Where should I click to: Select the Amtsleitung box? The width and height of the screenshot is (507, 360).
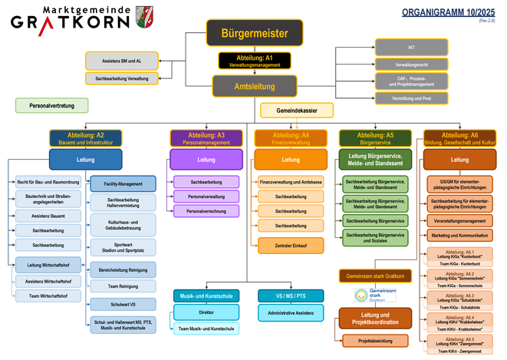click(x=254, y=85)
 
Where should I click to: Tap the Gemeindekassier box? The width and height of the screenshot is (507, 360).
click(x=295, y=111)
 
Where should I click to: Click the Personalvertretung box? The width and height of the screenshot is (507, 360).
click(x=51, y=105)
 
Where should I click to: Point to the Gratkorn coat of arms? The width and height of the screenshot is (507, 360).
click(x=143, y=17)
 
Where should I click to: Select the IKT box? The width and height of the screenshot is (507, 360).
click(x=411, y=48)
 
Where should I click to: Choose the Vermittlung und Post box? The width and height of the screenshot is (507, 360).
click(x=411, y=97)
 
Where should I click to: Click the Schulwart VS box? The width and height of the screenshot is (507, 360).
click(x=123, y=305)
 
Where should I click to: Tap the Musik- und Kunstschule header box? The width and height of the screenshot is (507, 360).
click(x=206, y=295)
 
